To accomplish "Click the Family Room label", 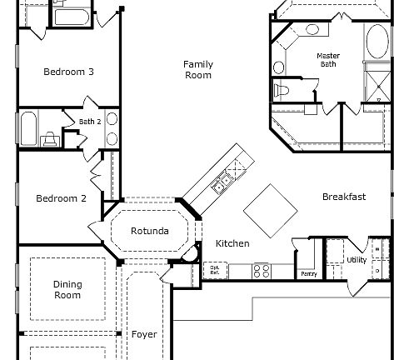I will (x=197, y=70).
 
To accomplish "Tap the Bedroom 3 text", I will (x=68, y=72).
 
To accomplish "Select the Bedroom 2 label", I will (x=61, y=198).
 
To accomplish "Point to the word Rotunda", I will (x=150, y=231).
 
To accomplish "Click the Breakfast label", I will (x=344, y=197).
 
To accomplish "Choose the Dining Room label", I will (x=67, y=289).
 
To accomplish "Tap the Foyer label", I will (x=144, y=334).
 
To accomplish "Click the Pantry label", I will (x=307, y=273).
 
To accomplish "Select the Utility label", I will (x=357, y=261).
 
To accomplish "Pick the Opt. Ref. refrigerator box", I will (x=214, y=269).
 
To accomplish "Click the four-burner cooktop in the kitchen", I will (x=261, y=270).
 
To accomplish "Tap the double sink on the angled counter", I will (x=222, y=183).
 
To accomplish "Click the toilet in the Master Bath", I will (x=282, y=88).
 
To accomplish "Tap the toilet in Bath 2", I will (x=50, y=139).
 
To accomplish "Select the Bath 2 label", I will (x=89, y=122).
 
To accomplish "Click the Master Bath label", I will (x=328, y=61).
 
